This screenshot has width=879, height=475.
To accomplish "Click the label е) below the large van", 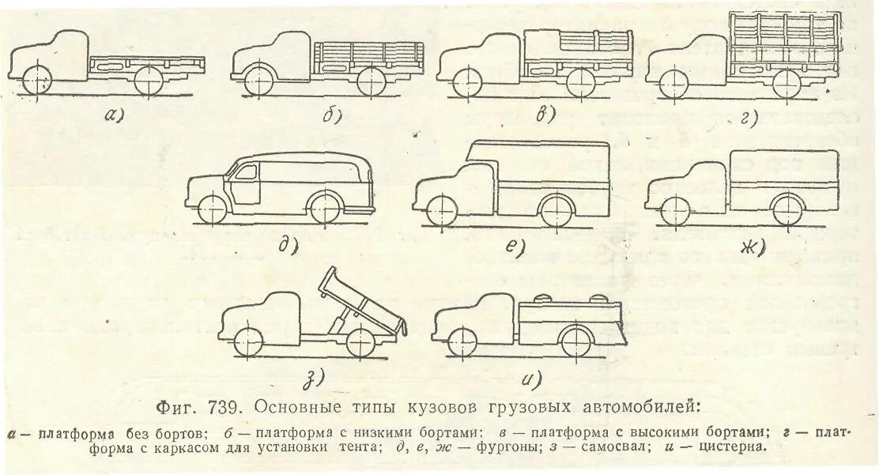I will click(x=515, y=247).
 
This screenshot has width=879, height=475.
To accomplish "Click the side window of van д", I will click(x=251, y=173).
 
